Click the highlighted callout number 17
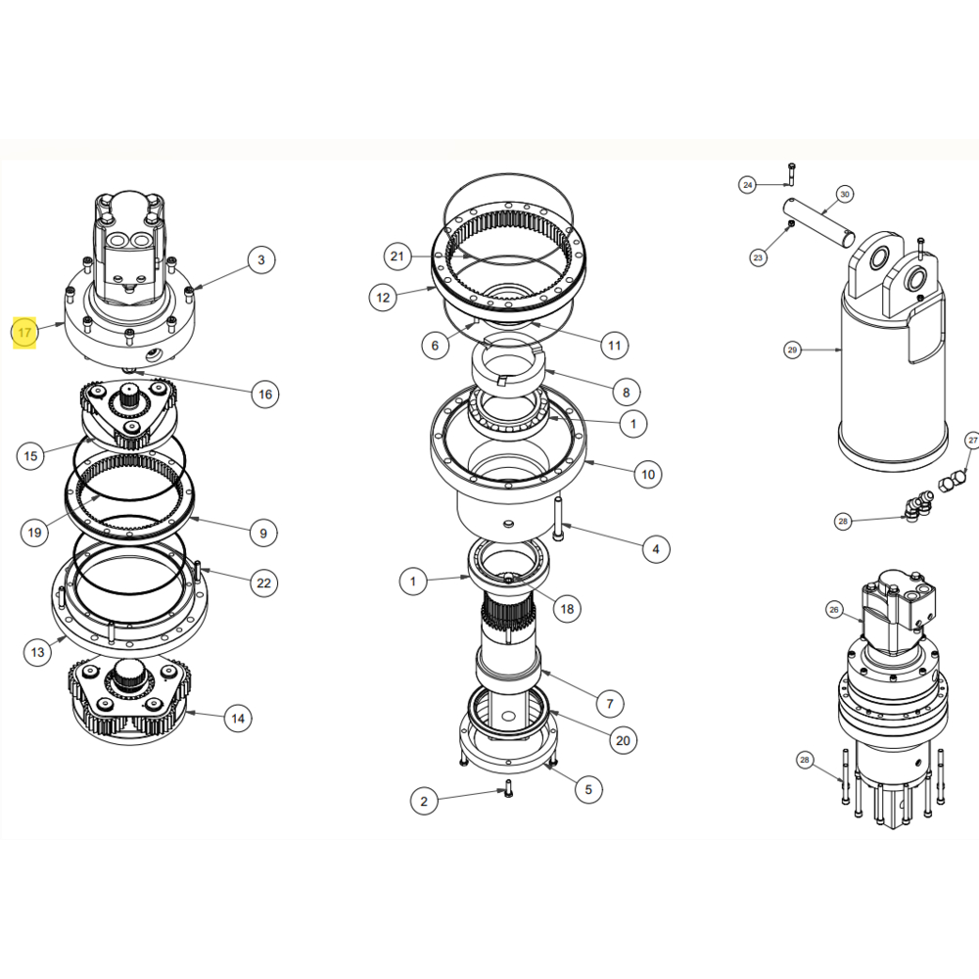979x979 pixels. click(x=25, y=333)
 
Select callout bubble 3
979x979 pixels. click(x=260, y=259)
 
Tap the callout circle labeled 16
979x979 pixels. click(x=263, y=395)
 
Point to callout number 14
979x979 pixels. click(x=237, y=719)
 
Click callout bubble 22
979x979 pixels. click(x=262, y=583)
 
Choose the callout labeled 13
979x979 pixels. click(x=37, y=652)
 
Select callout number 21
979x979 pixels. click(x=396, y=257)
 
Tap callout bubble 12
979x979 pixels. click(x=384, y=297)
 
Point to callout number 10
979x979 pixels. click(x=647, y=476)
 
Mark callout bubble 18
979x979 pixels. click(x=566, y=608)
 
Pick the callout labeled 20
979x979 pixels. click(x=623, y=740)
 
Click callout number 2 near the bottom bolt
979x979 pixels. click(x=423, y=802)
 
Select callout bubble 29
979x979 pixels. click(x=792, y=349)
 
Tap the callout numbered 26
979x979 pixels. click(x=834, y=610)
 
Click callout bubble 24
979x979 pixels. click(x=748, y=184)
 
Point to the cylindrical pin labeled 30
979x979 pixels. click(x=820, y=222)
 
